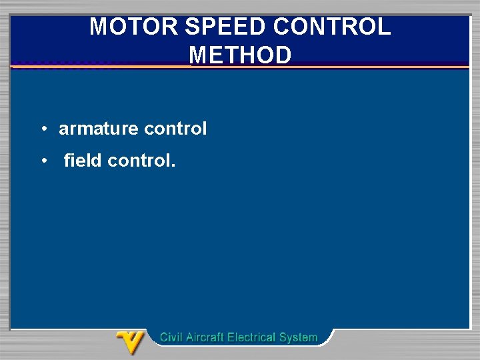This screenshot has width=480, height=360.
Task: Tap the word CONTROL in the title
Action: click(332, 27)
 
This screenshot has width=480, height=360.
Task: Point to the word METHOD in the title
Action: click(241, 55)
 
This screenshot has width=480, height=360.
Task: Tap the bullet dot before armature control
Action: click(42, 129)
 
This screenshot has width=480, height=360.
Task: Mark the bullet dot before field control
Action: click(42, 161)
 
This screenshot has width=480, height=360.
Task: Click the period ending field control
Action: click(173, 165)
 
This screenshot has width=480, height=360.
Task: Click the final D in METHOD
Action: click(284, 55)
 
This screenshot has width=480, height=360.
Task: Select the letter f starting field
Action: click(67, 161)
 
